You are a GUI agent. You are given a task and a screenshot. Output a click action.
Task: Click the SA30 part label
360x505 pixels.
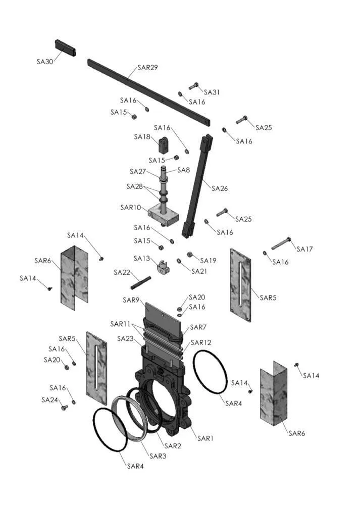pos(45,62)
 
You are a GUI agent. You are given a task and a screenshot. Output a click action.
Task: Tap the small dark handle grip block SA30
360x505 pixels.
pos(66,48)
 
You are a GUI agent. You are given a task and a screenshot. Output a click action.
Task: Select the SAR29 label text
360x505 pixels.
pos(147,67)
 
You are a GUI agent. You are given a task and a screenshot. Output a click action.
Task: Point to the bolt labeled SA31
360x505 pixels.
pos(193,86)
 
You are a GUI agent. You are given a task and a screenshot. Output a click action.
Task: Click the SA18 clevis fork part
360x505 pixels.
pos(164,145)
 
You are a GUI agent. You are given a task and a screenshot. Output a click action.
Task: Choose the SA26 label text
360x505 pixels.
pos(220,188)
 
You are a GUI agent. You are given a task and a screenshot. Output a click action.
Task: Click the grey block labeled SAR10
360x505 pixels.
pos(163,215)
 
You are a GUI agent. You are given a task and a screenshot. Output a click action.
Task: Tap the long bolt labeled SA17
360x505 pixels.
pos(281,243)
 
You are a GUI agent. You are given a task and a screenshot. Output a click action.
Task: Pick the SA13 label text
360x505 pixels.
pos(142,258)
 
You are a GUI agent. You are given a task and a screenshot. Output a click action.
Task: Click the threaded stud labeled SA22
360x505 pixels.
pos(141,282)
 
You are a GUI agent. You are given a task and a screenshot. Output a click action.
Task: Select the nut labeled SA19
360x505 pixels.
pos(190,255)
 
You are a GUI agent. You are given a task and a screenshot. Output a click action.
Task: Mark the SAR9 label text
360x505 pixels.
pos(131,300)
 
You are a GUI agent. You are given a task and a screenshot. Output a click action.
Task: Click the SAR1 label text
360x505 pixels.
pos(205,438)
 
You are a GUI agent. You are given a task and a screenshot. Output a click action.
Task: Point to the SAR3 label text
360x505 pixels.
pos(158,456)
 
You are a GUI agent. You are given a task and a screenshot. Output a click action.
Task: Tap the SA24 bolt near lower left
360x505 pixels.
pos(65,408)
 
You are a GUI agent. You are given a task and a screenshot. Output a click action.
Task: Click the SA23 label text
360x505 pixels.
pos(125,338)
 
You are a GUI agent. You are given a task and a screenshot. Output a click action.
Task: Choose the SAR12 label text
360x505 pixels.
pos(201,342)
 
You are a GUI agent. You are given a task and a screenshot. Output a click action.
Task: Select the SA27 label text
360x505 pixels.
pos(138,171)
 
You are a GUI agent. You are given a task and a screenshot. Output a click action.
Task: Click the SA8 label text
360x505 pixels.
pos(184,170)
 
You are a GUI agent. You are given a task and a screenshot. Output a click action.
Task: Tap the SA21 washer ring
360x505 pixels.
pos(179,261)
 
